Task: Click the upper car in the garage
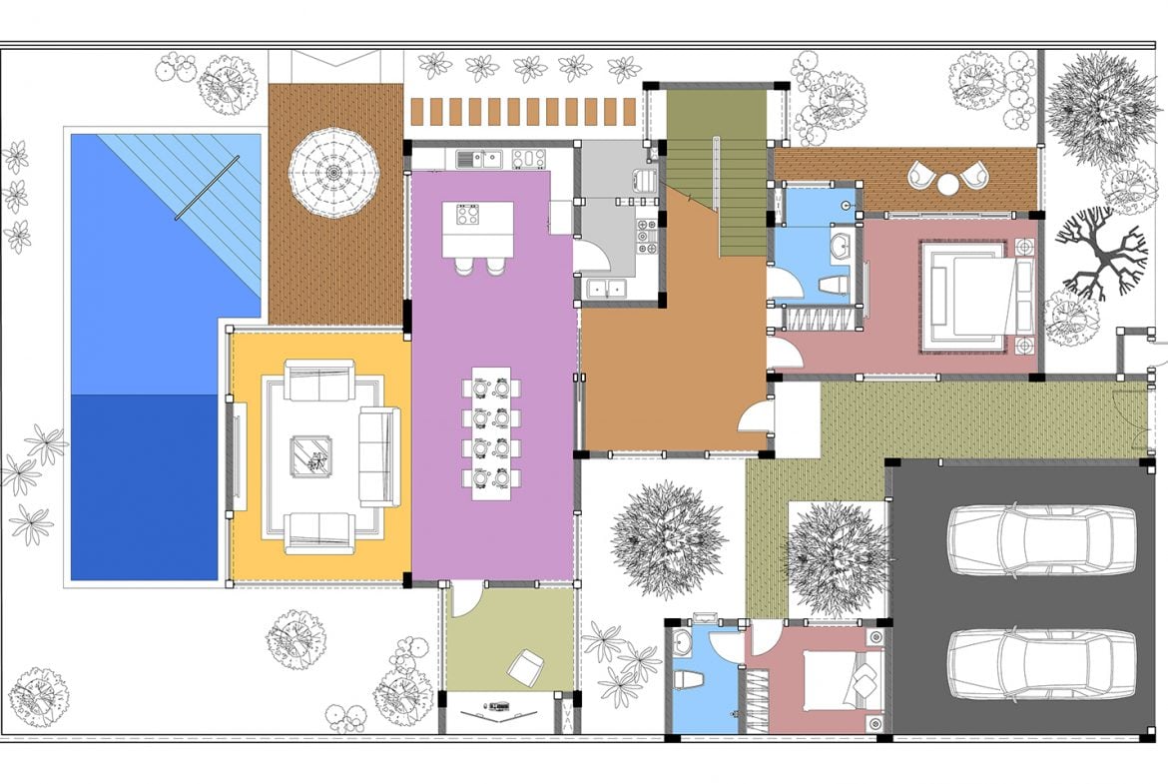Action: point(1041,539)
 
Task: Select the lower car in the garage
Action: point(1041,662)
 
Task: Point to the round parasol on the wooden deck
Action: point(333,172)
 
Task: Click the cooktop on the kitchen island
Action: point(468,214)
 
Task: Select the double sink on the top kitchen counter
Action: point(478,159)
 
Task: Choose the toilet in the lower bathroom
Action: point(686,679)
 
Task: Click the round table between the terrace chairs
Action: point(947,184)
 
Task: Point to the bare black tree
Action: point(1099,254)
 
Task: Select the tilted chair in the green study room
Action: point(525,664)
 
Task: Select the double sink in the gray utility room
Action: point(606,289)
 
